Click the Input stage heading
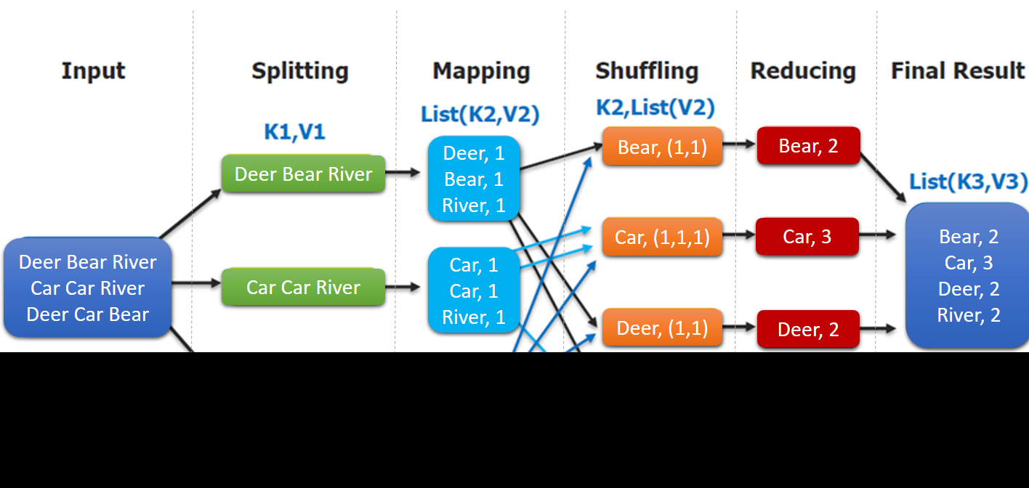[x=93, y=71]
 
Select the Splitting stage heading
[x=300, y=71]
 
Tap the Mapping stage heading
[x=481, y=71]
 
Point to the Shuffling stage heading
[x=647, y=71]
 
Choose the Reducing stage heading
[x=803, y=71]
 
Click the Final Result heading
[x=958, y=71]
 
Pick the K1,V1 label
[x=294, y=131]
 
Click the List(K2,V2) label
[x=480, y=114]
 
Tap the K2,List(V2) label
[x=655, y=108]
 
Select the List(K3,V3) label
[x=968, y=182]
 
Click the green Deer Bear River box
[x=304, y=174]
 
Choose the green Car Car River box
[x=304, y=288]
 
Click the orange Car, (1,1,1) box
[x=662, y=237]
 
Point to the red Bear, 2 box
[x=808, y=146]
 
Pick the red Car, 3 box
[x=807, y=237]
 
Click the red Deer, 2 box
[x=808, y=330]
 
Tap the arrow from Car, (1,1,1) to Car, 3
[x=739, y=235]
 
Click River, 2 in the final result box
[x=969, y=315]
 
